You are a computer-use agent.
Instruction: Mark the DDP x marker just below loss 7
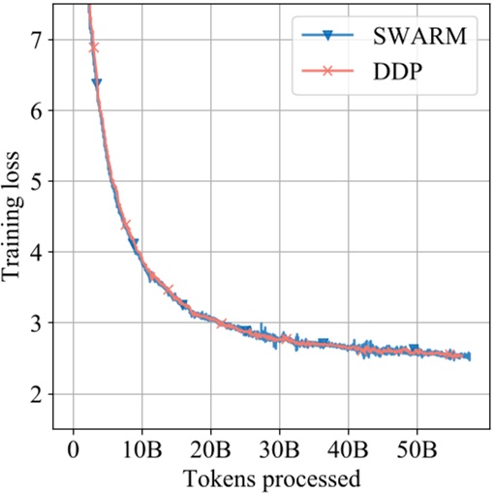94,46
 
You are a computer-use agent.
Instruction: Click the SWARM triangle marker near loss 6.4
97,83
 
